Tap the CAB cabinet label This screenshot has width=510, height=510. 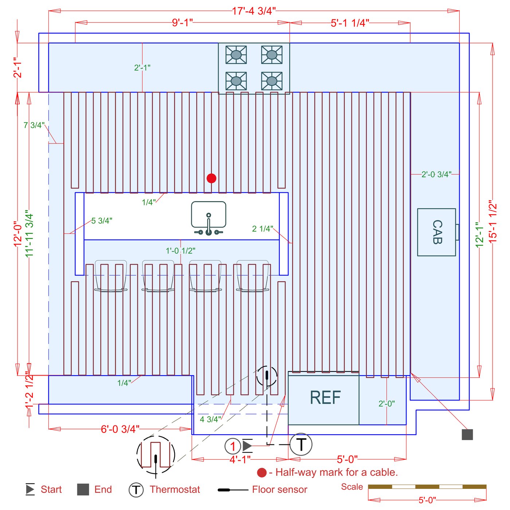(437, 232)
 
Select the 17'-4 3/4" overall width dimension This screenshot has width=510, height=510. (254, 11)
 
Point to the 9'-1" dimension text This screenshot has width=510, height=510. (183, 23)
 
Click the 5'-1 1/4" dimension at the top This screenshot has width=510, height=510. (350, 23)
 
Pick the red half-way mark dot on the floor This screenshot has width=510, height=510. (211, 178)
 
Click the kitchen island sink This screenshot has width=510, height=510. (208, 218)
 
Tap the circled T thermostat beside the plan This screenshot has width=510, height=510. (301, 444)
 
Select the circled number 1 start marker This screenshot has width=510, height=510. (232, 446)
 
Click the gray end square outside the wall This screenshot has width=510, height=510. (467, 435)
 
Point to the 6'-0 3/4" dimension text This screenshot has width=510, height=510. (120, 429)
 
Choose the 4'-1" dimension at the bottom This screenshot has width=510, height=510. (240, 459)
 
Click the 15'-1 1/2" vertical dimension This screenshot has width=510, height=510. (493, 224)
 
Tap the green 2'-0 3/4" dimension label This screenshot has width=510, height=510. (436, 174)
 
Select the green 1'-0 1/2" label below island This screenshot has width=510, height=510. (180, 251)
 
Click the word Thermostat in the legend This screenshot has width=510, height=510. (175, 489)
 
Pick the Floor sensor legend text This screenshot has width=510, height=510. (279, 489)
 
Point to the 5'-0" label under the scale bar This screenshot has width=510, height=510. (427, 500)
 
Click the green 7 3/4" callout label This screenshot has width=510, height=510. (34, 125)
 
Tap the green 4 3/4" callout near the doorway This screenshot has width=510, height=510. (210, 419)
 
